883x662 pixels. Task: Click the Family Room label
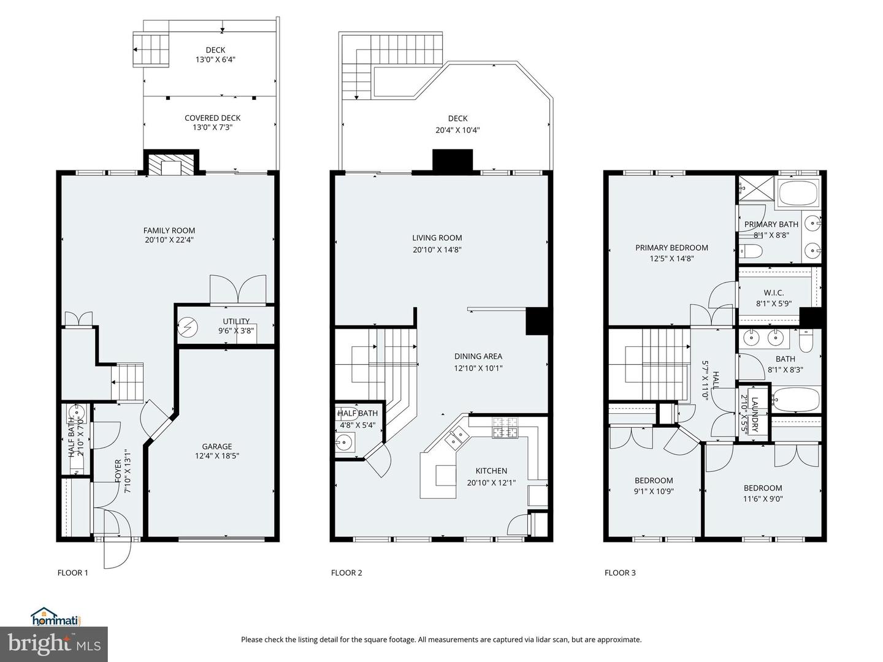[x=169, y=230]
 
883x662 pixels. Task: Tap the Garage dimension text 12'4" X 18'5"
[x=217, y=456]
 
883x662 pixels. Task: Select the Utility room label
[x=236, y=321]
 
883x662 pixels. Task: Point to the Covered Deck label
[x=212, y=118]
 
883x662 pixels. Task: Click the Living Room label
[x=437, y=238]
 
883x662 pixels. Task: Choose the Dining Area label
[x=478, y=356]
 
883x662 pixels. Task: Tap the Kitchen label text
[x=491, y=471]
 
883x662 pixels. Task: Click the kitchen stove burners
[x=505, y=427]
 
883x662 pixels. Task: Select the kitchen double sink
[x=457, y=438]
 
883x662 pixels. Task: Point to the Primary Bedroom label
[x=671, y=248]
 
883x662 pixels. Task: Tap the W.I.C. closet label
[x=774, y=292]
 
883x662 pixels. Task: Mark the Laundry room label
[x=754, y=414]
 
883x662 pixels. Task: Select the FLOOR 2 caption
[x=346, y=573]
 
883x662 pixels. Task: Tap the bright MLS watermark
[x=53, y=644]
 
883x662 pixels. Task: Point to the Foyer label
[x=118, y=471]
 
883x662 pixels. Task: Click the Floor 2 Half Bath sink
[x=345, y=443]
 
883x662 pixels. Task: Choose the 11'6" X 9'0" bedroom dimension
[x=763, y=499]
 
